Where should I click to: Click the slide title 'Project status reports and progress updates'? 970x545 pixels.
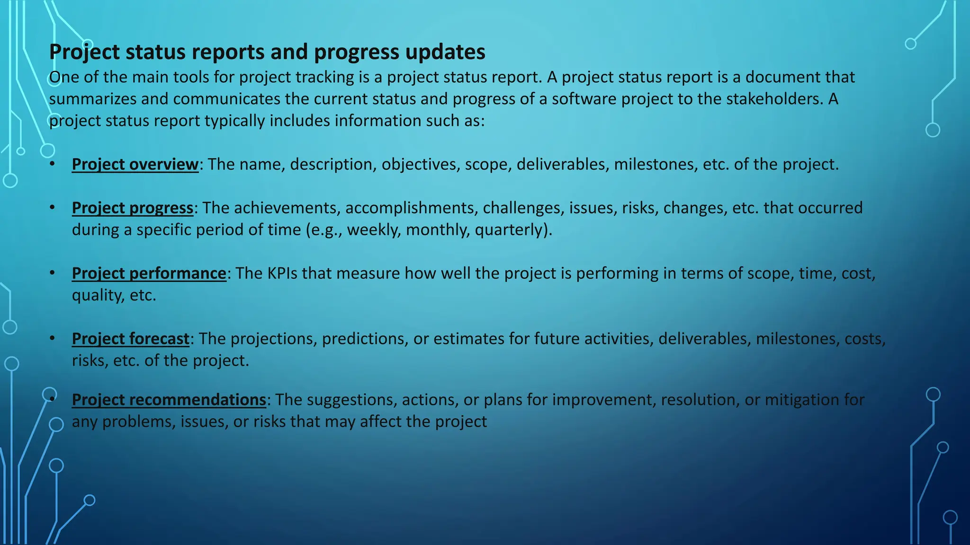pyautogui.click(x=267, y=52)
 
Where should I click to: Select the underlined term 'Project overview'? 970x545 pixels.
pyautogui.click(x=135, y=164)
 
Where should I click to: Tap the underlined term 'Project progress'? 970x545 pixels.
pyautogui.click(x=133, y=208)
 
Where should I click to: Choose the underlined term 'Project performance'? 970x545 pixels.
pyautogui.click(x=149, y=273)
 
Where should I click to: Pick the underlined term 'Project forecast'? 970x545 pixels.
pyautogui.click(x=130, y=339)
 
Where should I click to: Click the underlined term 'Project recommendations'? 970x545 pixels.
pyautogui.click(x=169, y=400)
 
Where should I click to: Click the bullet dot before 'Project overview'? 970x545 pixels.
pyautogui.click(x=53, y=164)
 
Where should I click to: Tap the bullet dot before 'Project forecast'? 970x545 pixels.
pyautogui.click(x=53, y=339)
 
